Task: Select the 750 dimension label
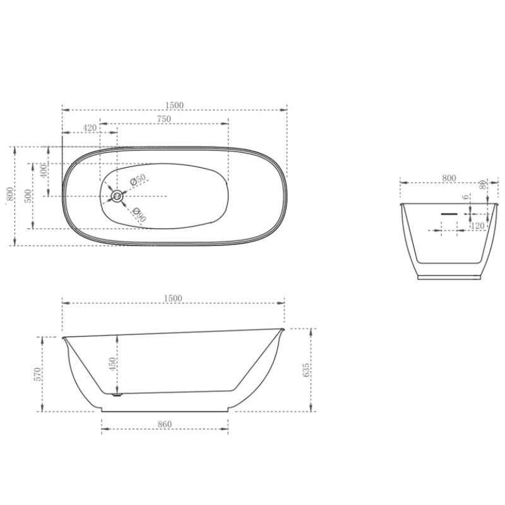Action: pyautogui.click(x=164, y=119)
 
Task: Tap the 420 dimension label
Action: pyautogui.click(x=90, y=128)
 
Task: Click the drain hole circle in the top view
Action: pyautogui.click(x=117, y=196)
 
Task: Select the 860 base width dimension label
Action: pyautogui.click(x=164, y=424)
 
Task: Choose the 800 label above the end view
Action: pyautogui.click(x=449, y=179)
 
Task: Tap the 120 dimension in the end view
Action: pyautogui.click(x=477, y=225)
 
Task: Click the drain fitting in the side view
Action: pyautogui.click(x=116, y=396)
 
